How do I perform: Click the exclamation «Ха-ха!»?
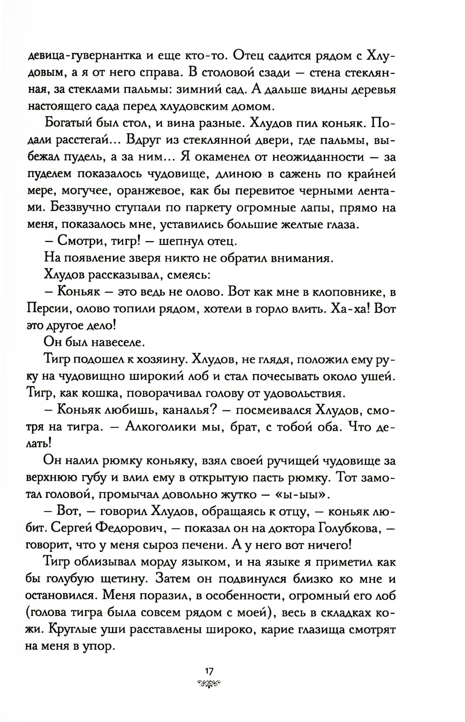(352, 309)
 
